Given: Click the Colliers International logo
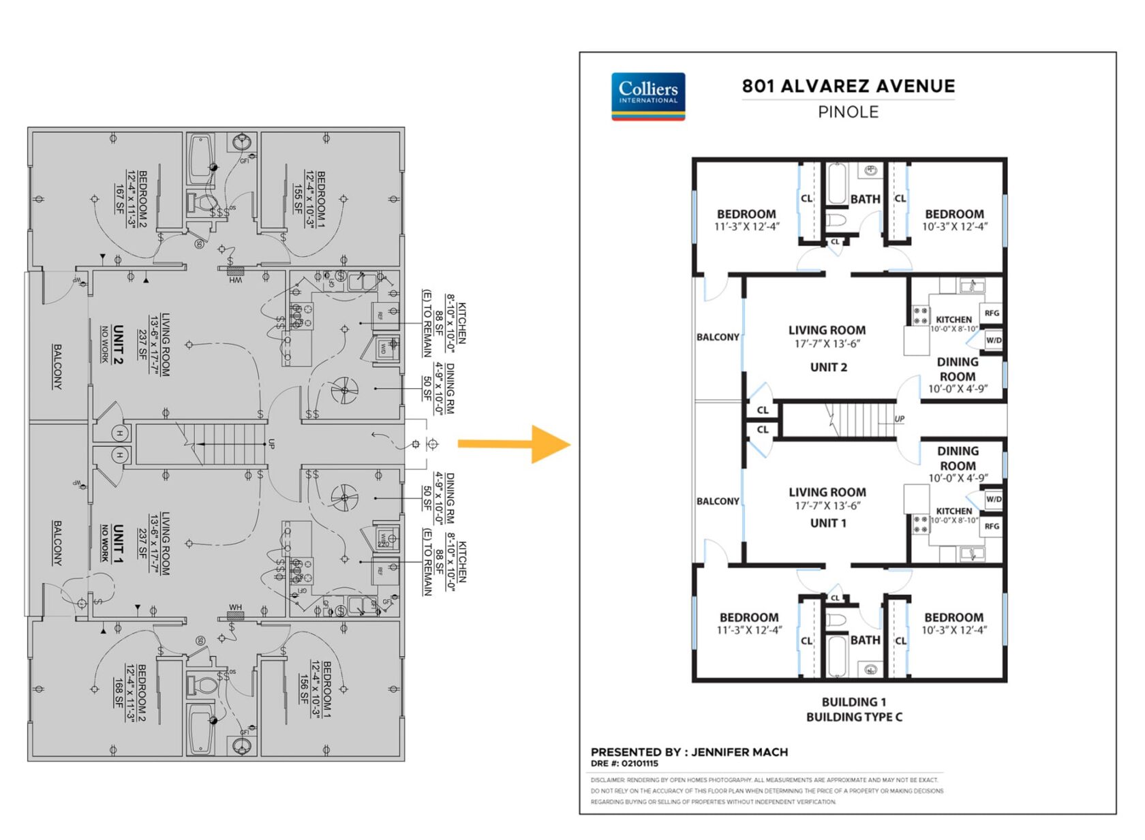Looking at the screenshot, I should click(x=647, y=96).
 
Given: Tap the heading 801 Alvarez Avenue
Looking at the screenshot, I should click(x=848, y=86).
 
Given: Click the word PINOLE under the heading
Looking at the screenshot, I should click(x=848, y=112).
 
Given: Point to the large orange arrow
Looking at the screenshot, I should click(x=515, y=444).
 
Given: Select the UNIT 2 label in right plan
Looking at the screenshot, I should click(x=828, y=367).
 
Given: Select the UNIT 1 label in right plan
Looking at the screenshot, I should click(x=828, y=523).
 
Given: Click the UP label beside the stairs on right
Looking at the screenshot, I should click(x=900, y=419).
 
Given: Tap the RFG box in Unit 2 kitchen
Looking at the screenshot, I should click(x=992, y=313).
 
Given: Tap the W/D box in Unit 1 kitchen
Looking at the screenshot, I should click(x=994, y=499).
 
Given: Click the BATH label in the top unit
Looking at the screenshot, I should click(x=865, y=199).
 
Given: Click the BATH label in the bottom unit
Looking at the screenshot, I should click(x=865, y=640).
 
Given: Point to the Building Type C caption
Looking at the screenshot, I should click(x=854, y=717).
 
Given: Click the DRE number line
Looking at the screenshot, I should click(x=624, y=764).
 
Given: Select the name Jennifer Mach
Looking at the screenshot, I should click(x=739, y=752).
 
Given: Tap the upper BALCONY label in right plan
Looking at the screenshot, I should click(x=718, y=337).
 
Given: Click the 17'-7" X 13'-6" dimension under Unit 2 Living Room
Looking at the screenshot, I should click(x=827, y=344).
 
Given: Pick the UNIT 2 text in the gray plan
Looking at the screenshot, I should click(x=118, y=345).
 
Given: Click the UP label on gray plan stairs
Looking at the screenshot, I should click(x=271, y=444).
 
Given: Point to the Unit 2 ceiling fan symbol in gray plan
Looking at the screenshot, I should click(x=344, y=390).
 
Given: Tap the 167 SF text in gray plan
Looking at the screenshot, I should click(x=120, y=198).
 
